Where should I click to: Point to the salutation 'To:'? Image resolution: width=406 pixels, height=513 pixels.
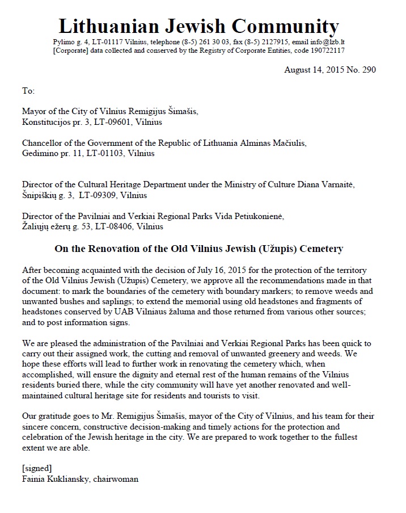tap(28, 91)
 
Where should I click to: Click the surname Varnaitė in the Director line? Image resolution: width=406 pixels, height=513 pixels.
tap(351, 185)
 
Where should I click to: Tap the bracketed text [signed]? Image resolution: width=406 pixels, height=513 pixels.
tap(37, 468)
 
